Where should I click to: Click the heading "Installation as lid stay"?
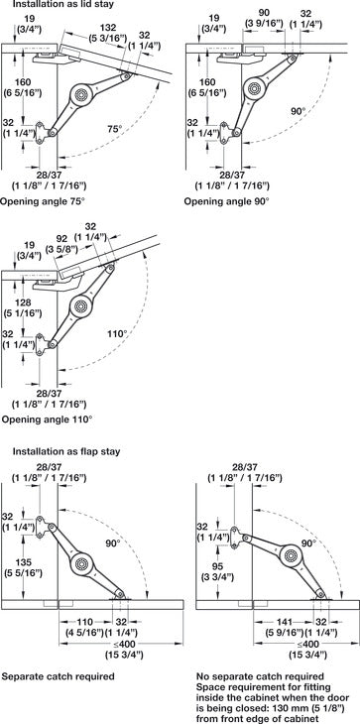tap(63, 5)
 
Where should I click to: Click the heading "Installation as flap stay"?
tap(66, 451)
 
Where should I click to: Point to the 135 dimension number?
tap(24, 563)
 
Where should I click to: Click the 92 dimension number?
tap(61, 239)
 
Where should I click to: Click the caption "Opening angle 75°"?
tap(43, 201)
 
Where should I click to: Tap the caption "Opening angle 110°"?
tap(47, 421)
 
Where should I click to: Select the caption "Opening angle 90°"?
tap(226, 201)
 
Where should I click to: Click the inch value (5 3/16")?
tap(108, 38)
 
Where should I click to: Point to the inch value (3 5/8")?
tap(61, 249)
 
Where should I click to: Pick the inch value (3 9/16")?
tap(265, 23)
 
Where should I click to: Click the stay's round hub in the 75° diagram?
tap(81, 94)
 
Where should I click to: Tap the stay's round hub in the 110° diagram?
tap(81, 305)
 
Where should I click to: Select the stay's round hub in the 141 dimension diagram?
tap(292, 555)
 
